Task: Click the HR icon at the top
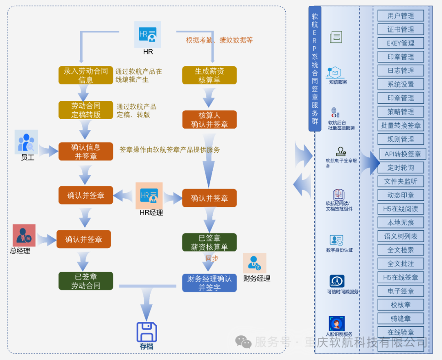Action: [147, 34]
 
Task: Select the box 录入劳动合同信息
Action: [86, 75]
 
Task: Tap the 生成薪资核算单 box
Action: [209, 75]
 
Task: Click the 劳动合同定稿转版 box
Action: [86, 110]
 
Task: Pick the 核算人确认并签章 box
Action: [209, 120]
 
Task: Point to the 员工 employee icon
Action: [26, 142]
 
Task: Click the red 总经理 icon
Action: [24, 235]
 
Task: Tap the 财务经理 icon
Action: [255, 263]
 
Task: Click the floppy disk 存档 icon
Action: [147, 332]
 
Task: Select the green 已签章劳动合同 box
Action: [86, 281]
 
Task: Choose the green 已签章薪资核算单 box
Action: [209, 242]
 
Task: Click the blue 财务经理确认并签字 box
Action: [209, 283]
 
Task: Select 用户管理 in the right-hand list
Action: [401, 16]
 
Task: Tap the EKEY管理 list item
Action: [401, 43]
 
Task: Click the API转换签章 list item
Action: [403, 154]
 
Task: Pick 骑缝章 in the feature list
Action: [401, 318]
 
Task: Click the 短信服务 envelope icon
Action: [336, 72]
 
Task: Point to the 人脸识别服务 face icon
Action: [337, 324]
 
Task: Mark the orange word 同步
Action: [212, 258]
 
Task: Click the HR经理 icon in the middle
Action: [149, 196]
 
